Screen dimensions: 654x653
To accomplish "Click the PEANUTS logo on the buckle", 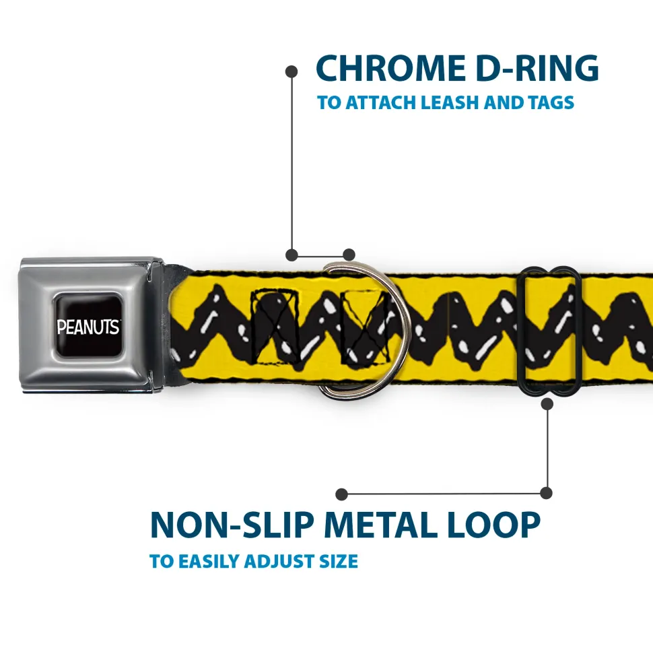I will pos(88,327).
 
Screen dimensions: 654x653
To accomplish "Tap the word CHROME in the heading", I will pos(386,68).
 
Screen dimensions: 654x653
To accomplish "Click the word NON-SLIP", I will pos(232,525).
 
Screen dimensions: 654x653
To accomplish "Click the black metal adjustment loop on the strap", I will pos(550,330).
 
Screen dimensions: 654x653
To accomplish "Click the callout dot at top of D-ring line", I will pos(291,70).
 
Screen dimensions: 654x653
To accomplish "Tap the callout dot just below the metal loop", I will pos(547,404).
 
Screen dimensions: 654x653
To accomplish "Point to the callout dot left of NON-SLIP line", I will pos(342,494).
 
